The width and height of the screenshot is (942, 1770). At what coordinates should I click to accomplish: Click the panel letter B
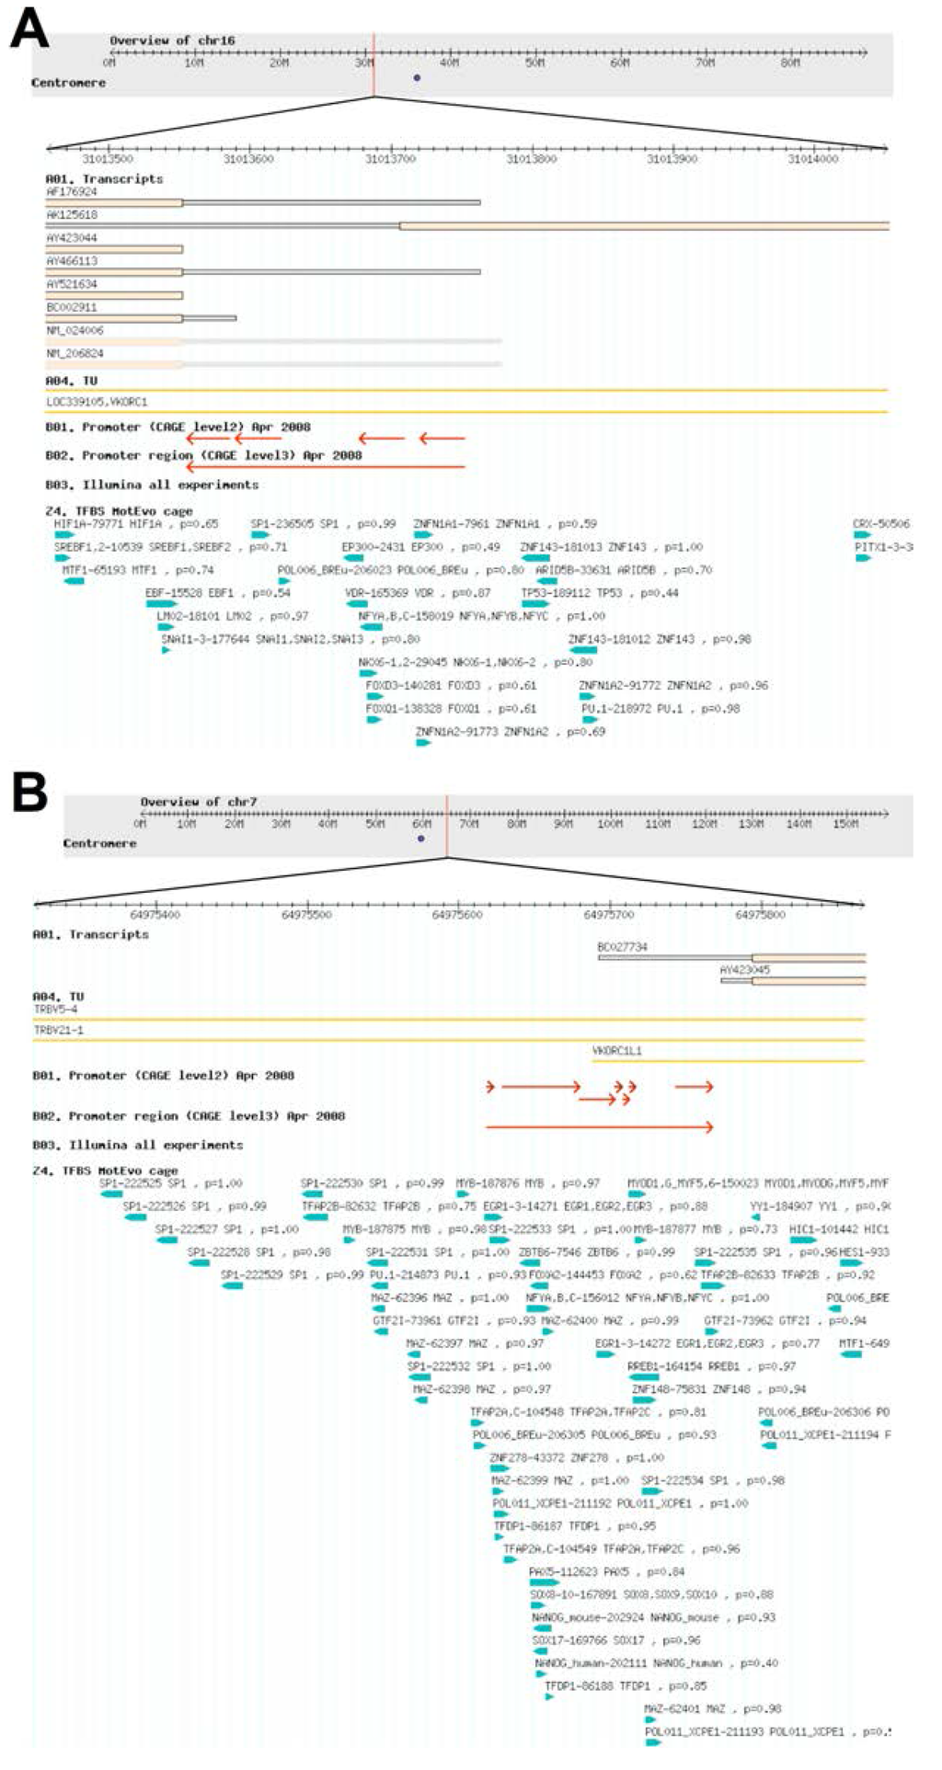pos(29,792)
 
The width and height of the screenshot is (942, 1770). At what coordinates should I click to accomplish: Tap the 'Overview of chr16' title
pos(172,40)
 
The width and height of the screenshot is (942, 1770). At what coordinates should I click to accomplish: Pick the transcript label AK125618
pos(72,214)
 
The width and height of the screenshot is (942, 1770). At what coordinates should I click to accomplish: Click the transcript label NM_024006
pos(75,330)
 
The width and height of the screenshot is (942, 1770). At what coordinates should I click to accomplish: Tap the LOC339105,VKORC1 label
pos(97,402)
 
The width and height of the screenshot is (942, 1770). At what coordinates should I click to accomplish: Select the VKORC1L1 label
pos(617,1050)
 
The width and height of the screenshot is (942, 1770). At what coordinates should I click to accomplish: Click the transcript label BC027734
pos(622,946)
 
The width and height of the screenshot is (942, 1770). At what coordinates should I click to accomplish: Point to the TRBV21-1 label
pos(58,1030)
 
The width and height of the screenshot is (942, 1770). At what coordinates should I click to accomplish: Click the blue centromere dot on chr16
pos(417,78)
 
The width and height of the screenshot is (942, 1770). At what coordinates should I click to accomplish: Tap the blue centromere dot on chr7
pos(421,839)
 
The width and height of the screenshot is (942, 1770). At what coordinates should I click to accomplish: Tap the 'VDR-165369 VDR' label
pos(389,593)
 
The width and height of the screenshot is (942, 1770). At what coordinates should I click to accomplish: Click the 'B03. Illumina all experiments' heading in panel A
pos(152,485)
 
